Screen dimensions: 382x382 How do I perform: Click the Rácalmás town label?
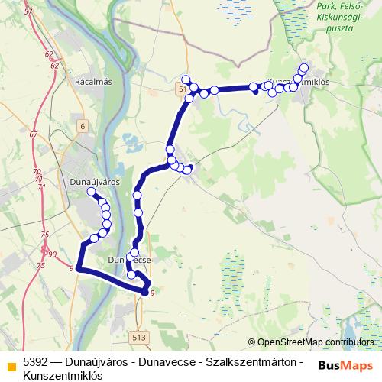94,81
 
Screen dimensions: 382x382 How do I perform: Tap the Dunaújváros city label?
95,183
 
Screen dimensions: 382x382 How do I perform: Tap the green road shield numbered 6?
83,125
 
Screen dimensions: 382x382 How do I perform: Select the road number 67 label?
33,134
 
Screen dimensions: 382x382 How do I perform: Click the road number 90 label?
52,254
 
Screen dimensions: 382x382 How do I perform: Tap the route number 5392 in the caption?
37,361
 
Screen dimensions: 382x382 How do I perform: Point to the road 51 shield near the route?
182,90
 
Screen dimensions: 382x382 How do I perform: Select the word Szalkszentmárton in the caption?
251,361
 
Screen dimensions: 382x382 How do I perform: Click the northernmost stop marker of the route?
304,67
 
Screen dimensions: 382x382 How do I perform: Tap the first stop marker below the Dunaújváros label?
92,193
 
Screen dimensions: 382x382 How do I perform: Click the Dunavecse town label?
130,260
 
